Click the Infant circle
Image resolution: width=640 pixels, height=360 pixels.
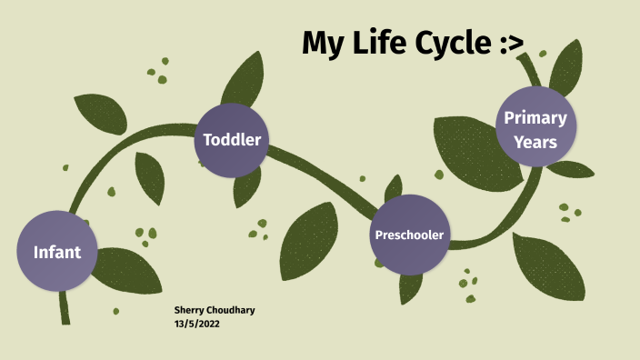tap(56, 251)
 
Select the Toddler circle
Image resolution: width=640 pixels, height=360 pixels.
tap(233, 140)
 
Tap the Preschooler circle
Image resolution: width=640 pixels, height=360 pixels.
tap(410, 235)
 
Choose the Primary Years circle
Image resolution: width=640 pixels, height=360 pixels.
tap(535, 129)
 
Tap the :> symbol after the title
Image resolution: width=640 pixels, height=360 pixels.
tap(507, 42)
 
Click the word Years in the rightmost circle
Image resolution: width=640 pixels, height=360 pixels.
tap(535, 142)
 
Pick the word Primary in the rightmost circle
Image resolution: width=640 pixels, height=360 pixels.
tap(535, 117)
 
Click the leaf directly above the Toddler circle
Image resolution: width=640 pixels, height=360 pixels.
tap(244, 77)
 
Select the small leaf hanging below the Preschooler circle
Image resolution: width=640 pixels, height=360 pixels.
tap(411, 286)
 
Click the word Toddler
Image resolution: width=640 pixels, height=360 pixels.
tap(233, 140)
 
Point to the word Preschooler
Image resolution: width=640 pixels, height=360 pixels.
tap(410, 235)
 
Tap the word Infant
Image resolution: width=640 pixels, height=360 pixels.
tap(56, 252)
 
